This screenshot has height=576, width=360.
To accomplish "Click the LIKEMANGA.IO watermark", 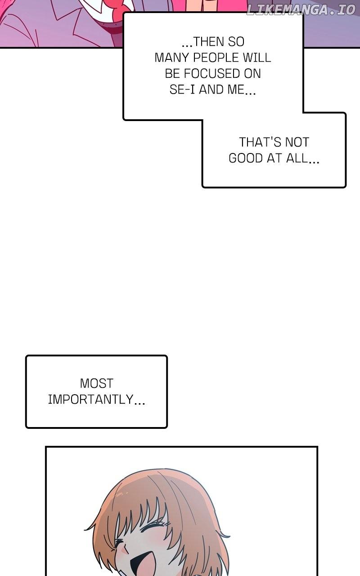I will pyautogui.click(x=301, y=9).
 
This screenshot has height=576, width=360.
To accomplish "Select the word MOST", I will pyautogui.click(x=96, y=383).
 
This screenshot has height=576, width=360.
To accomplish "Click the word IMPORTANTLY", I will pyautogui.click(x=90, y=400).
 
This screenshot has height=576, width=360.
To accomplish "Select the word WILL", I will pyautogui.click(x=258, y=58).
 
